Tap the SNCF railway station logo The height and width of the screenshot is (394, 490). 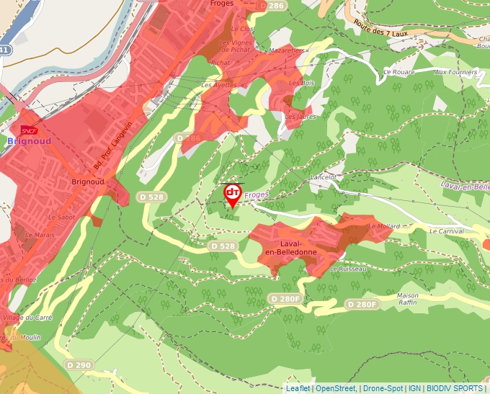[30, 130]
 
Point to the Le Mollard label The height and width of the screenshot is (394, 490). [383, 226]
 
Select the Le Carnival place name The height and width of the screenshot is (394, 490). [447, 232]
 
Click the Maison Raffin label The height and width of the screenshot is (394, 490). [408, 299]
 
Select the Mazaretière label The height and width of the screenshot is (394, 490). [288, 51]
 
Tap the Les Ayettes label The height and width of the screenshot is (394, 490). [219, 85]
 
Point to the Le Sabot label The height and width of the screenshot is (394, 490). [61, 217]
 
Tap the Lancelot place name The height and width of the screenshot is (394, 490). [322, 176]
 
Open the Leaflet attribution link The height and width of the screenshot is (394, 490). [298, 389]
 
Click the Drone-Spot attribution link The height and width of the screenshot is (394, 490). [383, 389]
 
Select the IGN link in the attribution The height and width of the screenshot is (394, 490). [415, 389]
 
